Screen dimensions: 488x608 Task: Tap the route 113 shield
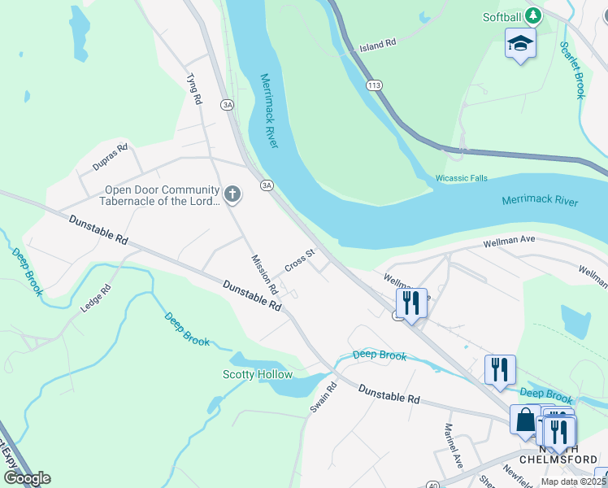(x=374, y=85)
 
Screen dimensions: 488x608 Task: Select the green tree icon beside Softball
(x=532, y=16)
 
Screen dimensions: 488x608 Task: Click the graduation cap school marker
(x=520, y=44)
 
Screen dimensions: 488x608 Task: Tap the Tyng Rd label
(x=193, y=89)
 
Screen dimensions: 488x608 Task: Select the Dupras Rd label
(x=110, y=157)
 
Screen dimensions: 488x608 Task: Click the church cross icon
(x=232, y=194)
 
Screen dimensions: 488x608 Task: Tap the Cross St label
(x=299, y=261)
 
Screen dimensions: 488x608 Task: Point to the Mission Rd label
(x=264, y=275)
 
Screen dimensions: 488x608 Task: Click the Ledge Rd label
(x=95, y=299)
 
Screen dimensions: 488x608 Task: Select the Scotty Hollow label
(x=257, y=375)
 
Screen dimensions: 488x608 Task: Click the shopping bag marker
(x=525, y=420)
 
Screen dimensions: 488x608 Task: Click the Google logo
(x=27, y=478)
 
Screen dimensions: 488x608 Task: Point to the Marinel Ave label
(x=453, y=445)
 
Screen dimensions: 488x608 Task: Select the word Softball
(x=502, y=16)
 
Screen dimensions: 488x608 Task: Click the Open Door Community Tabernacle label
(x=160, y=195)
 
